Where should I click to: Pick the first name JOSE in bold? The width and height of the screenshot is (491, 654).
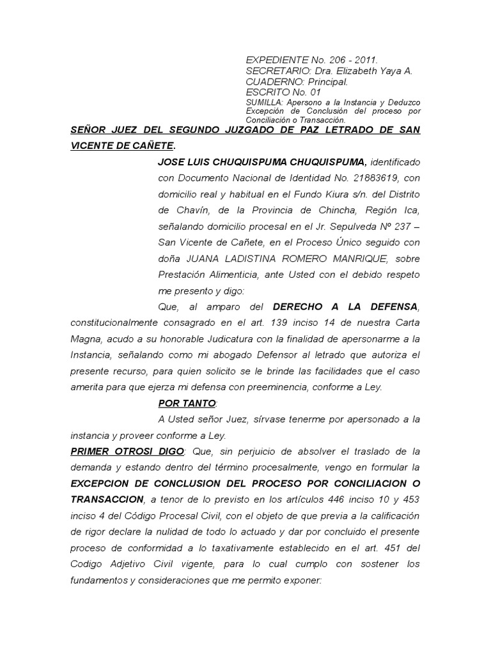pos(171,162)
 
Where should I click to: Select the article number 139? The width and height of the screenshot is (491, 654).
pos(283,323)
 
